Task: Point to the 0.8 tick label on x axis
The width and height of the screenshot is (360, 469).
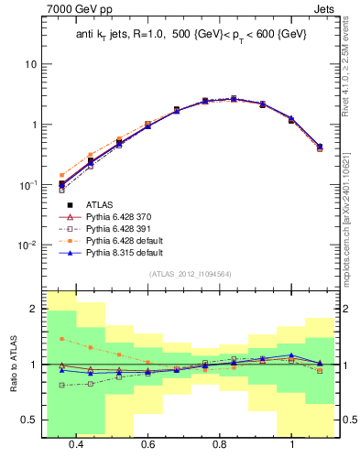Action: [x=220, y=444]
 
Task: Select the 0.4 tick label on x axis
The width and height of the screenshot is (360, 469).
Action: [x=76, y=444]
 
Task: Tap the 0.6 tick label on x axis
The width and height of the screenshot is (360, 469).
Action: [x=147, y=444]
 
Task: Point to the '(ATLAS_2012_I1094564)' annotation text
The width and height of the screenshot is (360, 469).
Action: [x=190, y=274]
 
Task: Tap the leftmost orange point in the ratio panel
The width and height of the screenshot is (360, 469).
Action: [x=61, y=339]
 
